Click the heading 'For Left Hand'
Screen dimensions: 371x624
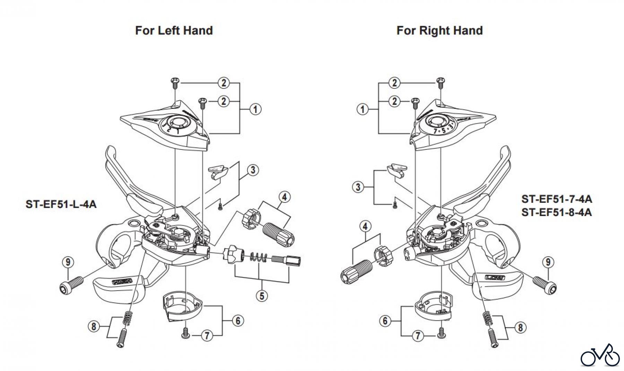(x=174, y=31)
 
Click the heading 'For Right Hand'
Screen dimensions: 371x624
(x=439, y=31)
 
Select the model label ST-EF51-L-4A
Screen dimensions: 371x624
(x=61, y=204)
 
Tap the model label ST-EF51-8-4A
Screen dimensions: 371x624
(x=556, y=212)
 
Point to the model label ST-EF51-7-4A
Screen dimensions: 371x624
(x=556, y=199)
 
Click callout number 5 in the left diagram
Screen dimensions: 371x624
(x=262, y=296)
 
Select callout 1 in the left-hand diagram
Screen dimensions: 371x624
(x=255, y=109)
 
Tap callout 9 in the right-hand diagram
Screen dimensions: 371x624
(x=548, y=262)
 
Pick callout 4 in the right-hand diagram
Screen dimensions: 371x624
(x=365, y=226)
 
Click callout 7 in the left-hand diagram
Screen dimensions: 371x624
(x=207, y=335)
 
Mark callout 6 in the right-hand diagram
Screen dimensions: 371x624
(x=385, y=321)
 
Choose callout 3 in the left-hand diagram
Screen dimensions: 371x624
(x=253, y=170)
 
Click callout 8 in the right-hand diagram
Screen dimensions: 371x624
(x=520, y=327)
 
